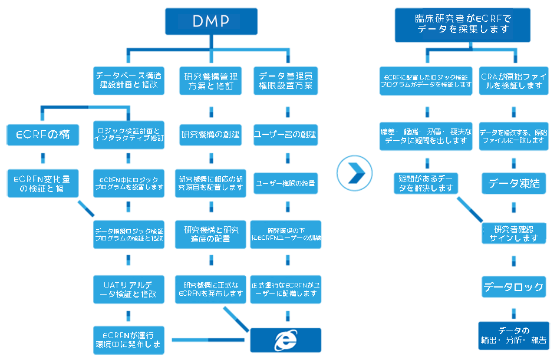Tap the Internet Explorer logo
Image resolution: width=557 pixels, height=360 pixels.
286,340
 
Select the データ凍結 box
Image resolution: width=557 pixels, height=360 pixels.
514,184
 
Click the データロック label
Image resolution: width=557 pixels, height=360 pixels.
513,287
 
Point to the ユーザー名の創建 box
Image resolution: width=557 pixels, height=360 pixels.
285,134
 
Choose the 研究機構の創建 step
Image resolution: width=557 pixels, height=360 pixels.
210,134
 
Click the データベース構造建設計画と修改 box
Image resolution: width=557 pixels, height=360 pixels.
128,80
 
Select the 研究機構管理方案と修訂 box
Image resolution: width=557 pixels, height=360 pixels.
210,81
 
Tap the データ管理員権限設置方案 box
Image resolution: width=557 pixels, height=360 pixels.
285,81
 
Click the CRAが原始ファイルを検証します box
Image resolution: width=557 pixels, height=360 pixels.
514,81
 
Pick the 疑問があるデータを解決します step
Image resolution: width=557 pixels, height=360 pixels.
426,183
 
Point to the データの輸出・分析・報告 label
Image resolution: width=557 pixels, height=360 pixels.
513,335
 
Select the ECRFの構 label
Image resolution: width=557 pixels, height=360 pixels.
42,135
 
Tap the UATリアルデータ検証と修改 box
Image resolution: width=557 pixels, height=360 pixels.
128,289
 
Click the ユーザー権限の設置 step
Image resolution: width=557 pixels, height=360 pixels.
285,183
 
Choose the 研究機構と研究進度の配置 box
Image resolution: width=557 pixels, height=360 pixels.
210,234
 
